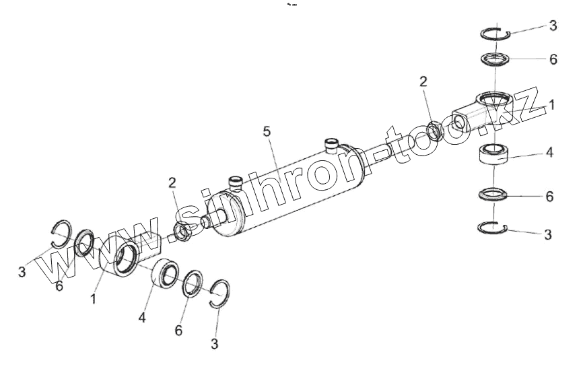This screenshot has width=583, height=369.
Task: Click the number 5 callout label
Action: [x=267, y=131]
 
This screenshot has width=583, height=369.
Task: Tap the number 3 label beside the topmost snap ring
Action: [x=553, y=26]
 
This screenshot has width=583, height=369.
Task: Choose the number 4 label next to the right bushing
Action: [x=549, y=153]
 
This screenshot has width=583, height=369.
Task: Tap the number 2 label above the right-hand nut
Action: [x=423, y=82]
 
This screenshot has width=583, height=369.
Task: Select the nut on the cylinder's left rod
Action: [x=183, y=232]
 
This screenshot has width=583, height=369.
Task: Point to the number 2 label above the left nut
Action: [x=172, y=183]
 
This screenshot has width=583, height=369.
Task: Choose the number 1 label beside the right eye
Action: [x=552, y=106]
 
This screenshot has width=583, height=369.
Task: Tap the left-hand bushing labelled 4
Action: [x=164, y=275]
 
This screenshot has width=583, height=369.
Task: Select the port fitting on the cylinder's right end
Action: [x=331, y=145]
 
